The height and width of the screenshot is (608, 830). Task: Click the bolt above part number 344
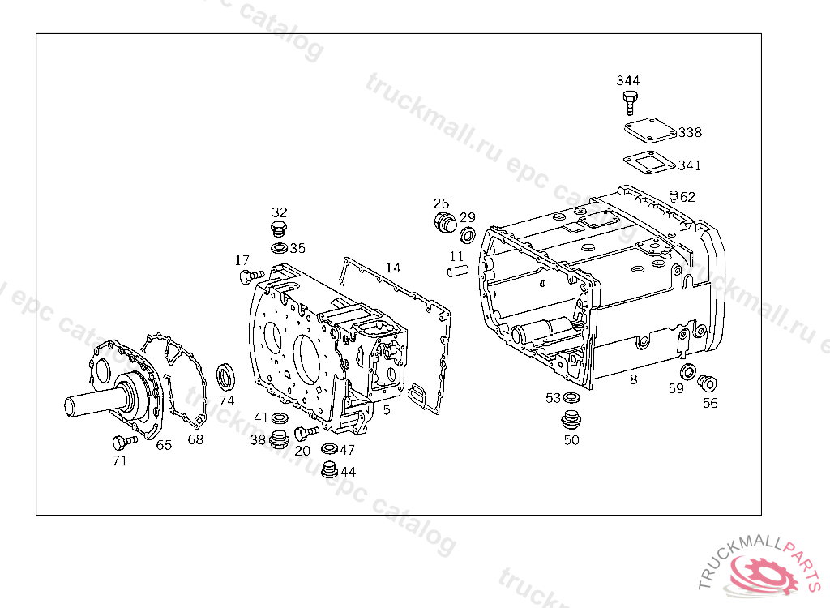[630, 102]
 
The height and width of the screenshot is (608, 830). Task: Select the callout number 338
[691, 132]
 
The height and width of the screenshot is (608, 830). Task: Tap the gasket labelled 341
[648, 162]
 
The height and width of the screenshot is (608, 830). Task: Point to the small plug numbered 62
[673, 195]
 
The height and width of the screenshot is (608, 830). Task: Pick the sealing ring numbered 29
[468, 235]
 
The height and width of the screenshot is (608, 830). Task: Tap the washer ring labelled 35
[278, 247]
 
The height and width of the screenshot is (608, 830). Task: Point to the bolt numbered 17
[250, 276]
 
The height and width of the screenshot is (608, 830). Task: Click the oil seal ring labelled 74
[226, 376]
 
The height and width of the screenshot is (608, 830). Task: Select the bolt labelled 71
[122, 441]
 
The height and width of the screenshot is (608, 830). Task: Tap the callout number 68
[195, 440]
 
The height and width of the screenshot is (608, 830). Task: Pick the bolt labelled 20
[307, 433]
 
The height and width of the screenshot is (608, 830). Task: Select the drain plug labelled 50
[571, 421]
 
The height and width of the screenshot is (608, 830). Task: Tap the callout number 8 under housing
[633, 379]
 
